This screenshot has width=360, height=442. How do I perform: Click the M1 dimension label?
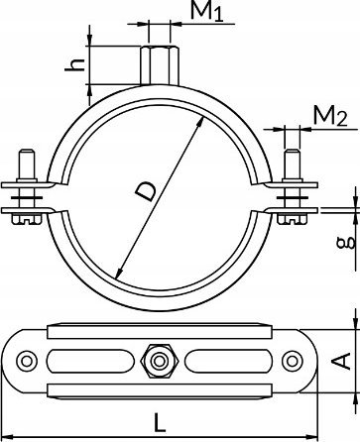(x=207, y=11)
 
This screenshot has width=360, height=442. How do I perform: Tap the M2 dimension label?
(x=330, y=116)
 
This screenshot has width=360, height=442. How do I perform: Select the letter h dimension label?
(x=75, y=64)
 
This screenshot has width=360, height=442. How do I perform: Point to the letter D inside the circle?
(x=146, y=192)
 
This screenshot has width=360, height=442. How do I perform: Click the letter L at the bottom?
(x=160, y=423)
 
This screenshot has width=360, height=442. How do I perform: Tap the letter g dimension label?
(x=345, y=243)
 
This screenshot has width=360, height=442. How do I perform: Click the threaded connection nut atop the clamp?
(x=160, y=65)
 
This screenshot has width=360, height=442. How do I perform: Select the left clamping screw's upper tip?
(x=27, y=152)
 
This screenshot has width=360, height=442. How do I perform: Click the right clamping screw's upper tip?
(x=293, y=152)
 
